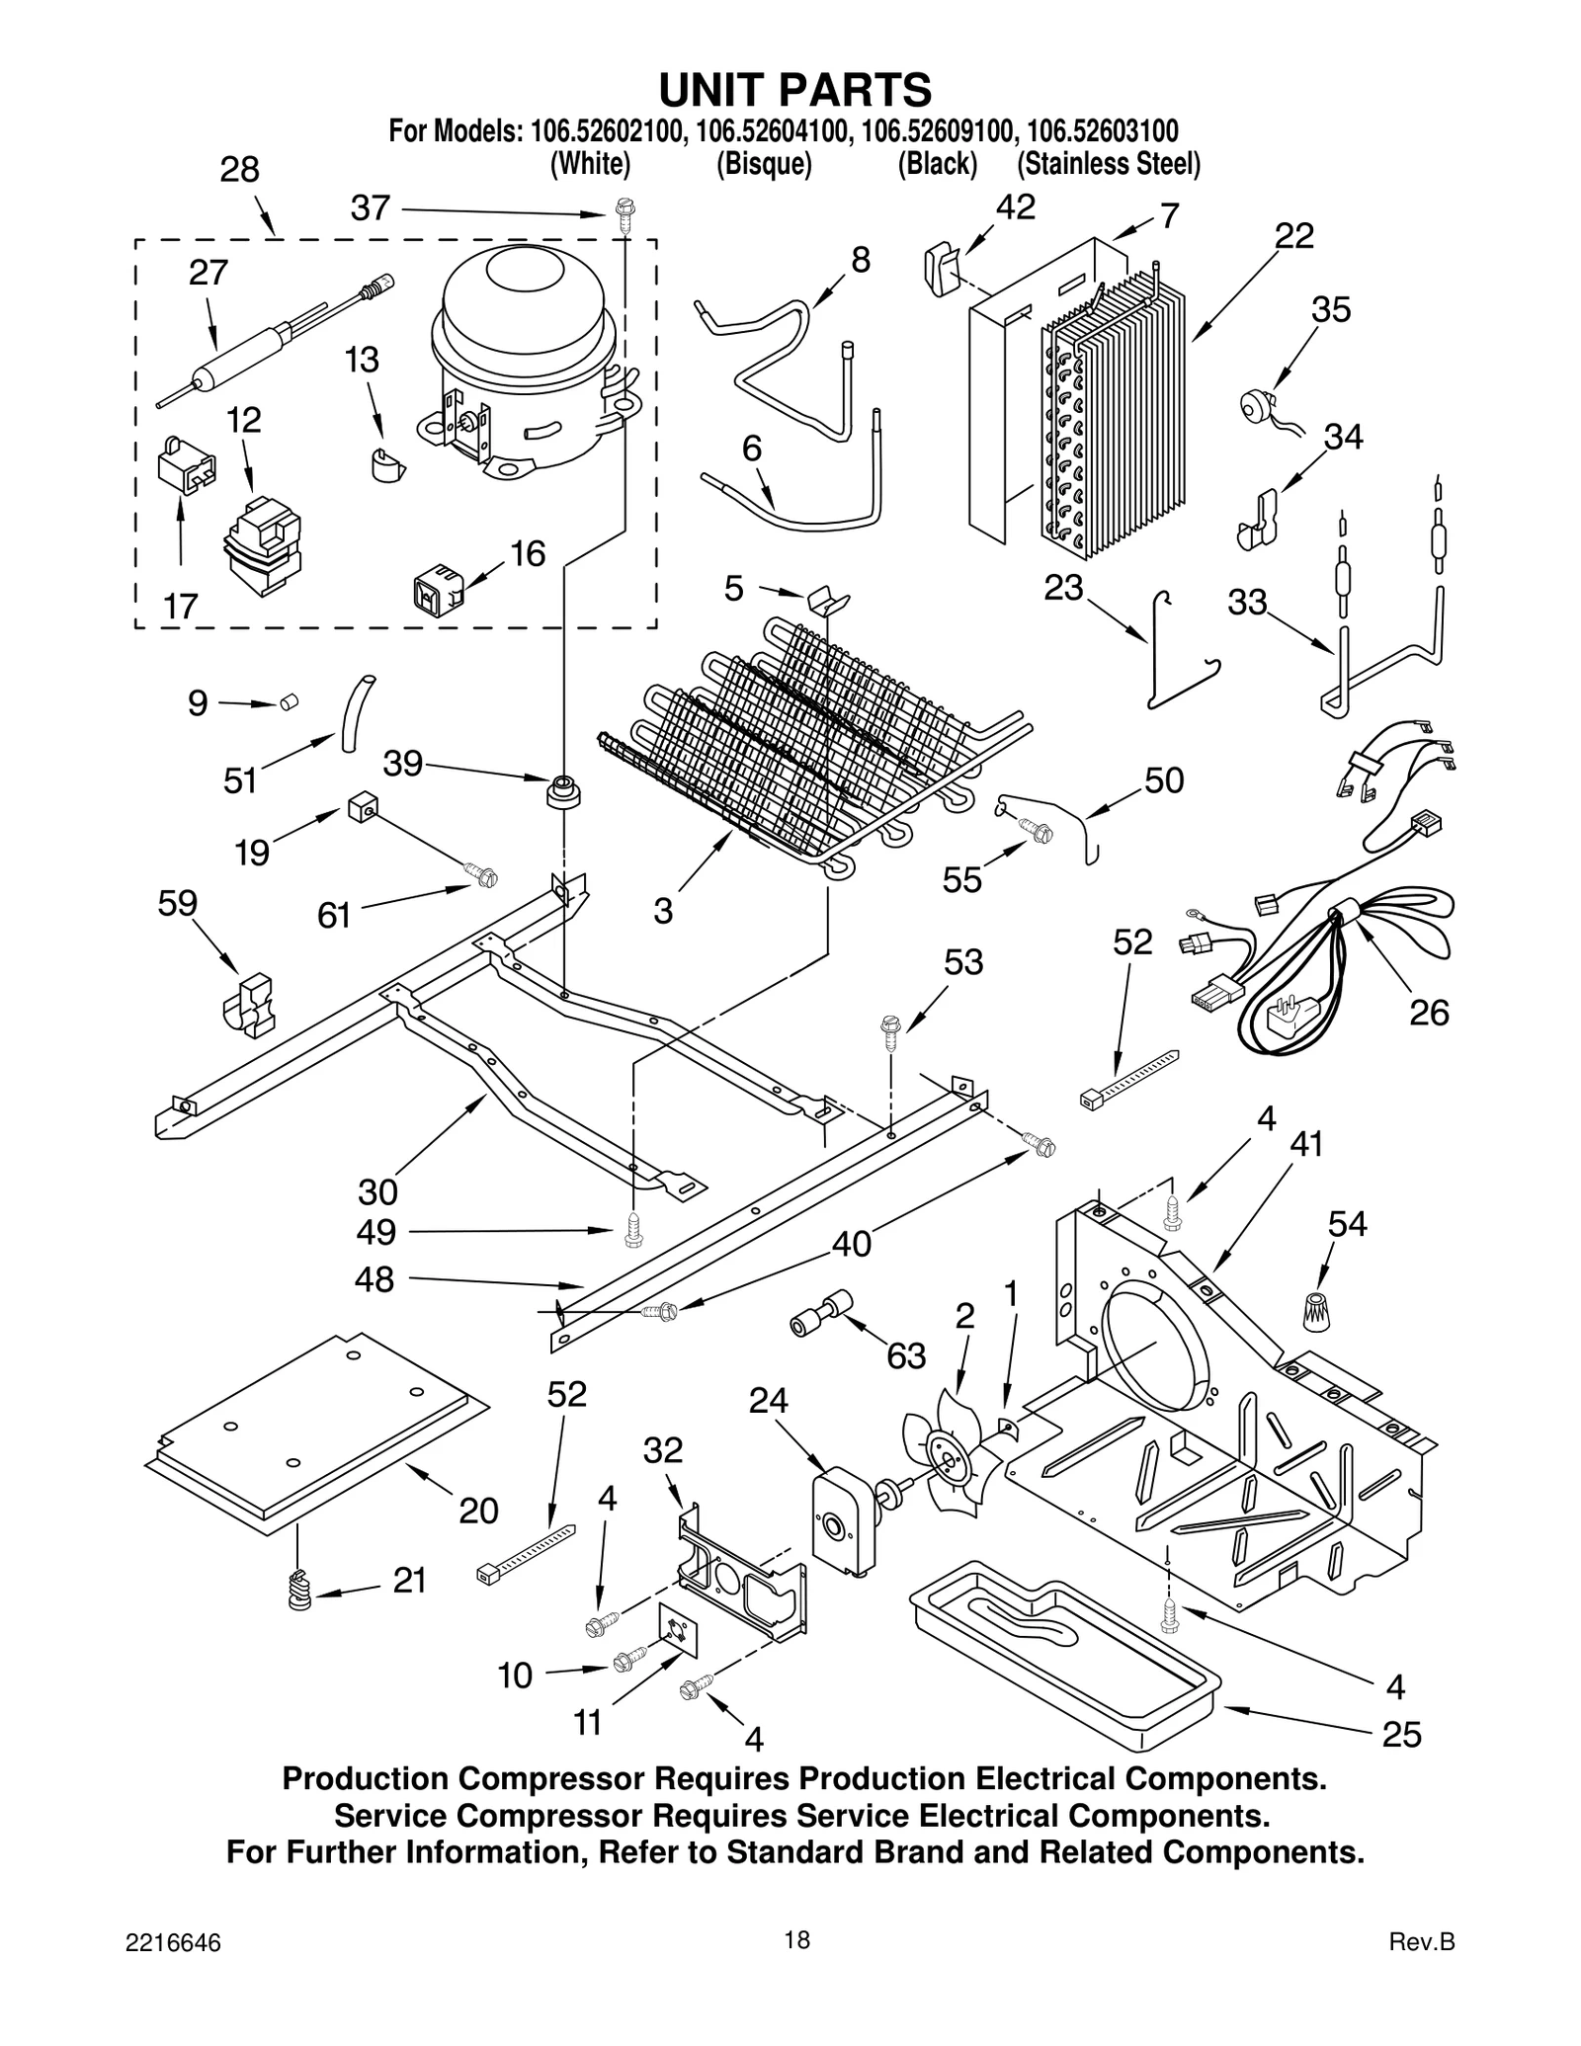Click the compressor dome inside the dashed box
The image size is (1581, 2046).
524,296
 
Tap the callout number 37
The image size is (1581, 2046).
371,208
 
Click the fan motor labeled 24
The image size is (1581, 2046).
841,1520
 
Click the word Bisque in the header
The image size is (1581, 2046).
764,164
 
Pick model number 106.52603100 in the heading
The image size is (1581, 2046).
1102,130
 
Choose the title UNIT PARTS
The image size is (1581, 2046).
794,90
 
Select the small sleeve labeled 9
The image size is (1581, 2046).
289,701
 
